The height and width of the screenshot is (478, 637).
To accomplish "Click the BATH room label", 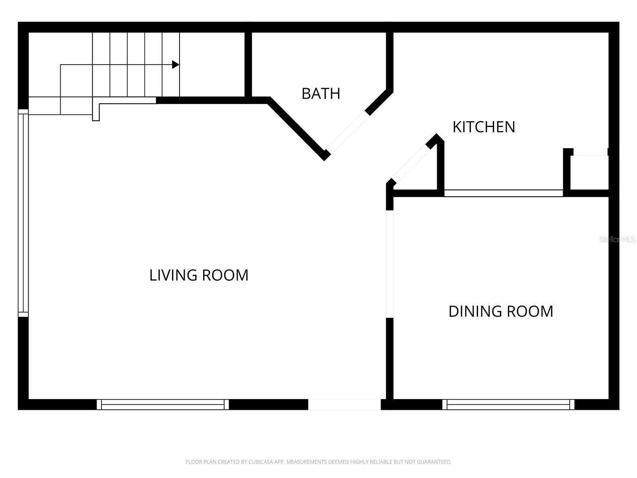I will click(320, 94).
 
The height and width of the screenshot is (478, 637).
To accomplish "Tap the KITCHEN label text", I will click(484, 127).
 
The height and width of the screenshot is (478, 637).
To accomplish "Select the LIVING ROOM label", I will click(199, 275).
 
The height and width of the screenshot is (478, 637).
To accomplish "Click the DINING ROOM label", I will click(500, 311).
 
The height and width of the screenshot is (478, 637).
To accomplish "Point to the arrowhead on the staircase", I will click(175, 65).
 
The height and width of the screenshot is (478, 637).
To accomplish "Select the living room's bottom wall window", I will click(163, 404).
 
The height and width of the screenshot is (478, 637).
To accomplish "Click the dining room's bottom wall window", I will click(508, 404).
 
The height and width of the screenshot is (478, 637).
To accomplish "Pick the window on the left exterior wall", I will click(23, 213).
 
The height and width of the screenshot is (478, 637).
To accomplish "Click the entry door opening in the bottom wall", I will click(344, 404).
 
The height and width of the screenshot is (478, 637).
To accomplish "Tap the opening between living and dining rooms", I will click(390, 264).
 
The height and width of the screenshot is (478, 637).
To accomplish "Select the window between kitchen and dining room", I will click(503, 193).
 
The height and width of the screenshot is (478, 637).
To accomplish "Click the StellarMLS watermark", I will click(617, 239).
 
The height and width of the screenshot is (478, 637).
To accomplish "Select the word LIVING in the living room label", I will click(173, 275).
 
